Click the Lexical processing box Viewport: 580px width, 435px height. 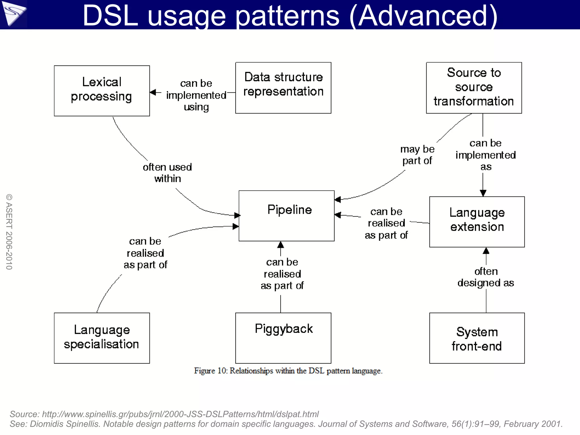pos(102,91)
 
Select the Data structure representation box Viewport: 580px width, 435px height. pos(283,88)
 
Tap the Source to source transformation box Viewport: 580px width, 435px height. pos(474,88)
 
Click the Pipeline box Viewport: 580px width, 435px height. pos(286,216)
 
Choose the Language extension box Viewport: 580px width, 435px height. pos(477,222)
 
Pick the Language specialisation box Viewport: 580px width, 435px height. pos(102,338)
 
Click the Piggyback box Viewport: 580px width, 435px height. pos(283,338)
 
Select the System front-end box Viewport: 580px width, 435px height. pos(477,338)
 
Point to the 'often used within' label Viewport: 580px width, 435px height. pos(167,173)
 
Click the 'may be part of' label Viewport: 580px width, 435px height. pos(417,155)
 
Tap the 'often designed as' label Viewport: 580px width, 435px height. pos(486,277)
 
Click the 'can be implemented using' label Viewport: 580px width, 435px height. pos(196,95)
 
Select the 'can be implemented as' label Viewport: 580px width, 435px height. pos(485,155)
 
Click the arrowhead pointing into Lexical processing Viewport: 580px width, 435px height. pos(153,92)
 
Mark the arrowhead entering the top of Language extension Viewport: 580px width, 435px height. pos(483,193)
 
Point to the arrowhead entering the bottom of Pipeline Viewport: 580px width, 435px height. pos(280,245)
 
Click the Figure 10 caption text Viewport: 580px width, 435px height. pos(288,371)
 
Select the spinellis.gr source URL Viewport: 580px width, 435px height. pos(180,414)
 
